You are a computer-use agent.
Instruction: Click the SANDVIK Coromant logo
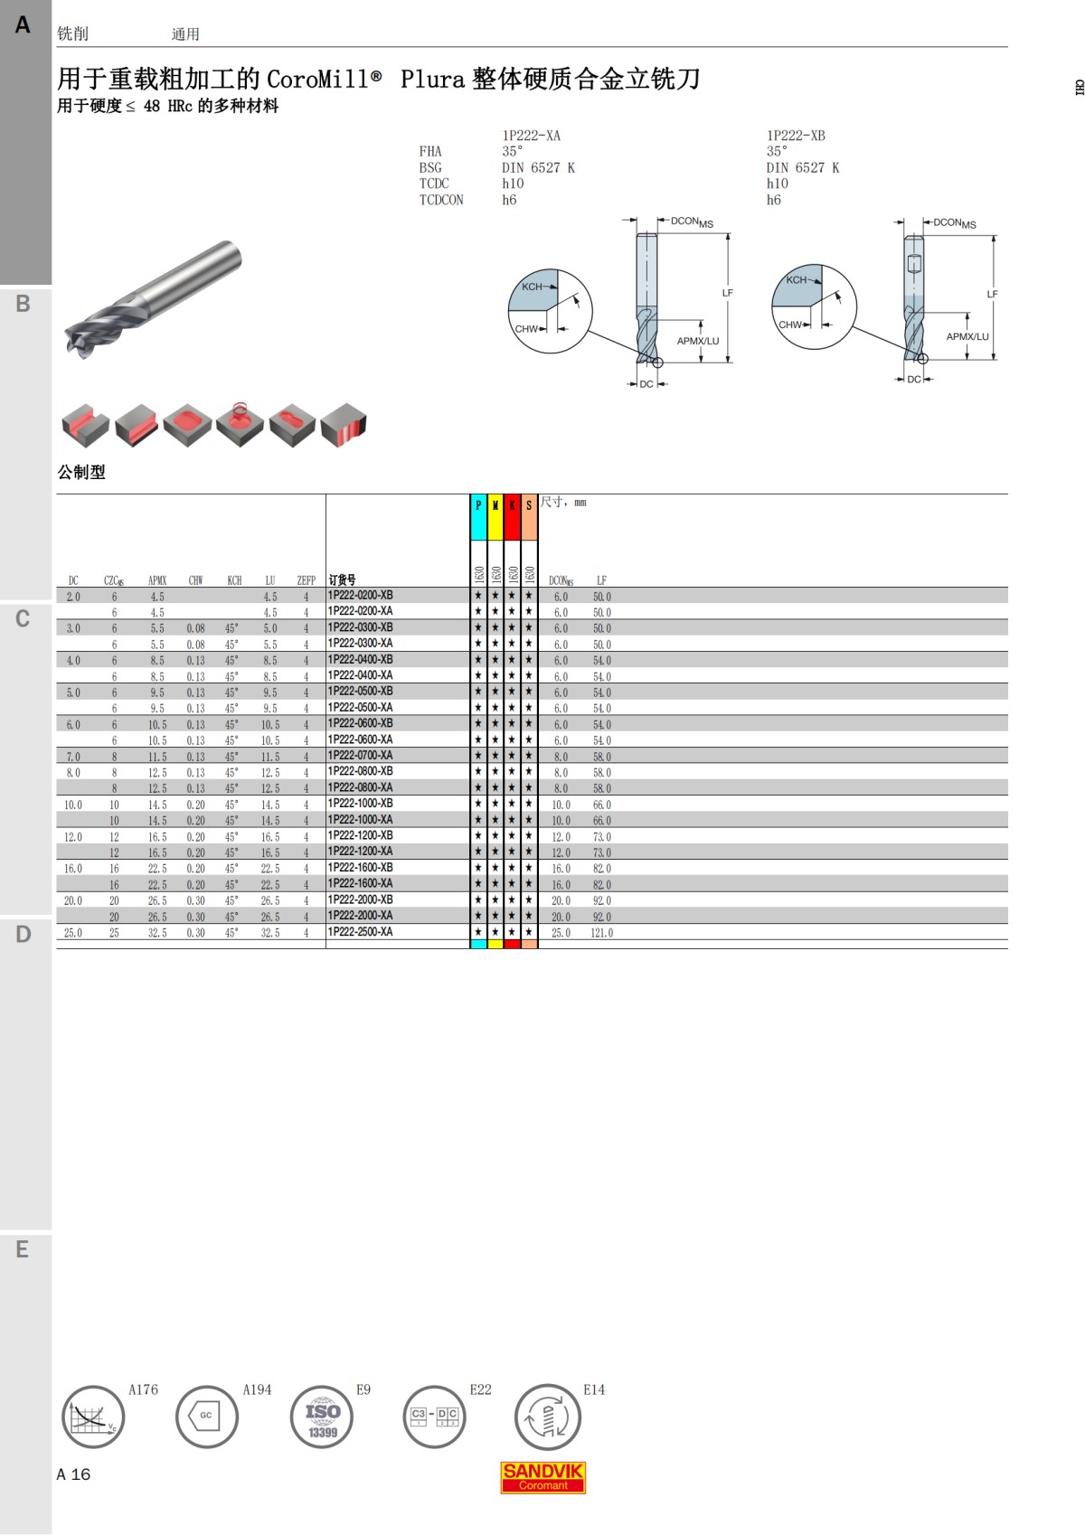coord(542,1477)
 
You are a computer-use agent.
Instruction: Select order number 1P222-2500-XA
coord(361,932)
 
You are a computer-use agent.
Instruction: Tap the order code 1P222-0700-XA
coord(361,755)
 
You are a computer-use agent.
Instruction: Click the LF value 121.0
coord(602,933)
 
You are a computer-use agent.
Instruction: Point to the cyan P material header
coord(478,517)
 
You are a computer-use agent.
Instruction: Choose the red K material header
coord(512,517)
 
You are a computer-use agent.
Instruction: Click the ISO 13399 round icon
coord(322,1417)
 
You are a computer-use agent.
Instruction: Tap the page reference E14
coord(593,1389)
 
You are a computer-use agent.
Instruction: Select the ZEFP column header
coord(306,580)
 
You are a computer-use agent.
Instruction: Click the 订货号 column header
coord(342,579)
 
